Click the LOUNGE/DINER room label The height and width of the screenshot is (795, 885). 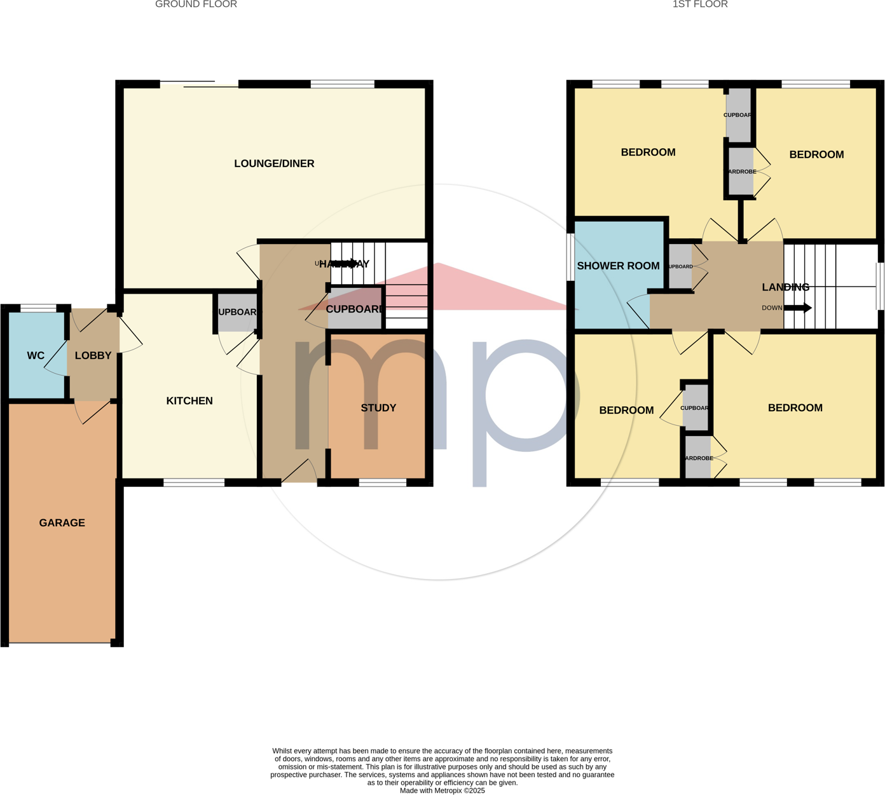pyautogui.click(x=274, y=164)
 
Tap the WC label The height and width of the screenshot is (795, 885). pyautogui.click(x=36, y=356)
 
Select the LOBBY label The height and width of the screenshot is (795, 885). pyautogui.click(x=93, y=356)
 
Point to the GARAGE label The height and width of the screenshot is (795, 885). pyautogui.click(x=62, y=523)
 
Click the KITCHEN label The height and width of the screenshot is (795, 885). pyautogui.click(x=189, y=401)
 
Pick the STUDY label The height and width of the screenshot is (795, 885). pyautogui.click(x=378, y=408)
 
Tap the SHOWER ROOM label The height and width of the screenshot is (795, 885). pyautogui.click(x=618, y=266)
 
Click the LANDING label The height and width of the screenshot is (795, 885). pyautogui.click(x=785, y=287)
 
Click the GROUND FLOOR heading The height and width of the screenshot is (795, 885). pyautogui.click(x=196, y=4)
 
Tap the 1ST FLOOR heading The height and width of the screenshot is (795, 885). pyautogui.click(x=700, y=4)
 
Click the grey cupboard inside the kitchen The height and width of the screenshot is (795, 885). pyautogui.click(x=237, y=312)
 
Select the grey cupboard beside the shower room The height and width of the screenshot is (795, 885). pyautogui.click(x=680, y=266)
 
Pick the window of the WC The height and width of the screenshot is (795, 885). pyautogui.click(x=38, y=308)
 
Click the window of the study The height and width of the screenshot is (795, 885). pyautogui.click(x=382, y=483)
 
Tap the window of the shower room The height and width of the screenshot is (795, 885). pyautogui.click(x=570, y=257)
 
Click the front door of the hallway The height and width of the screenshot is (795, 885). pyautogui.click(x=299, y=472)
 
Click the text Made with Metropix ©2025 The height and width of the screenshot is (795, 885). pyautogui.click(x=442, y=791)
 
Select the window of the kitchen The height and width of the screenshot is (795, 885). pyautogui.click(x=194, y=483)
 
